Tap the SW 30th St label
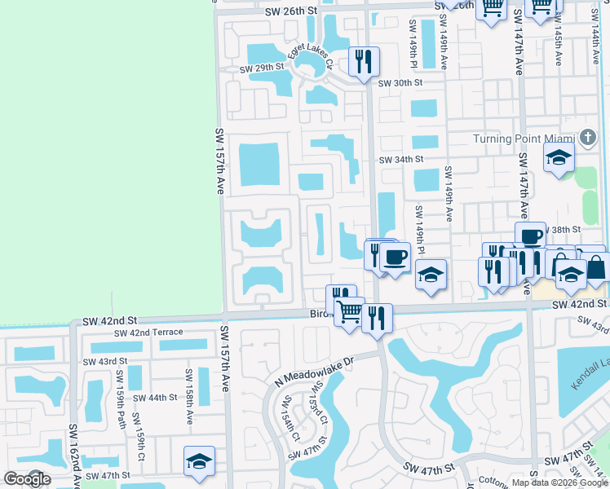point(400,82)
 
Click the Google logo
point(27,479)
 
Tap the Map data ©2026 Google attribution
point(559,482)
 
